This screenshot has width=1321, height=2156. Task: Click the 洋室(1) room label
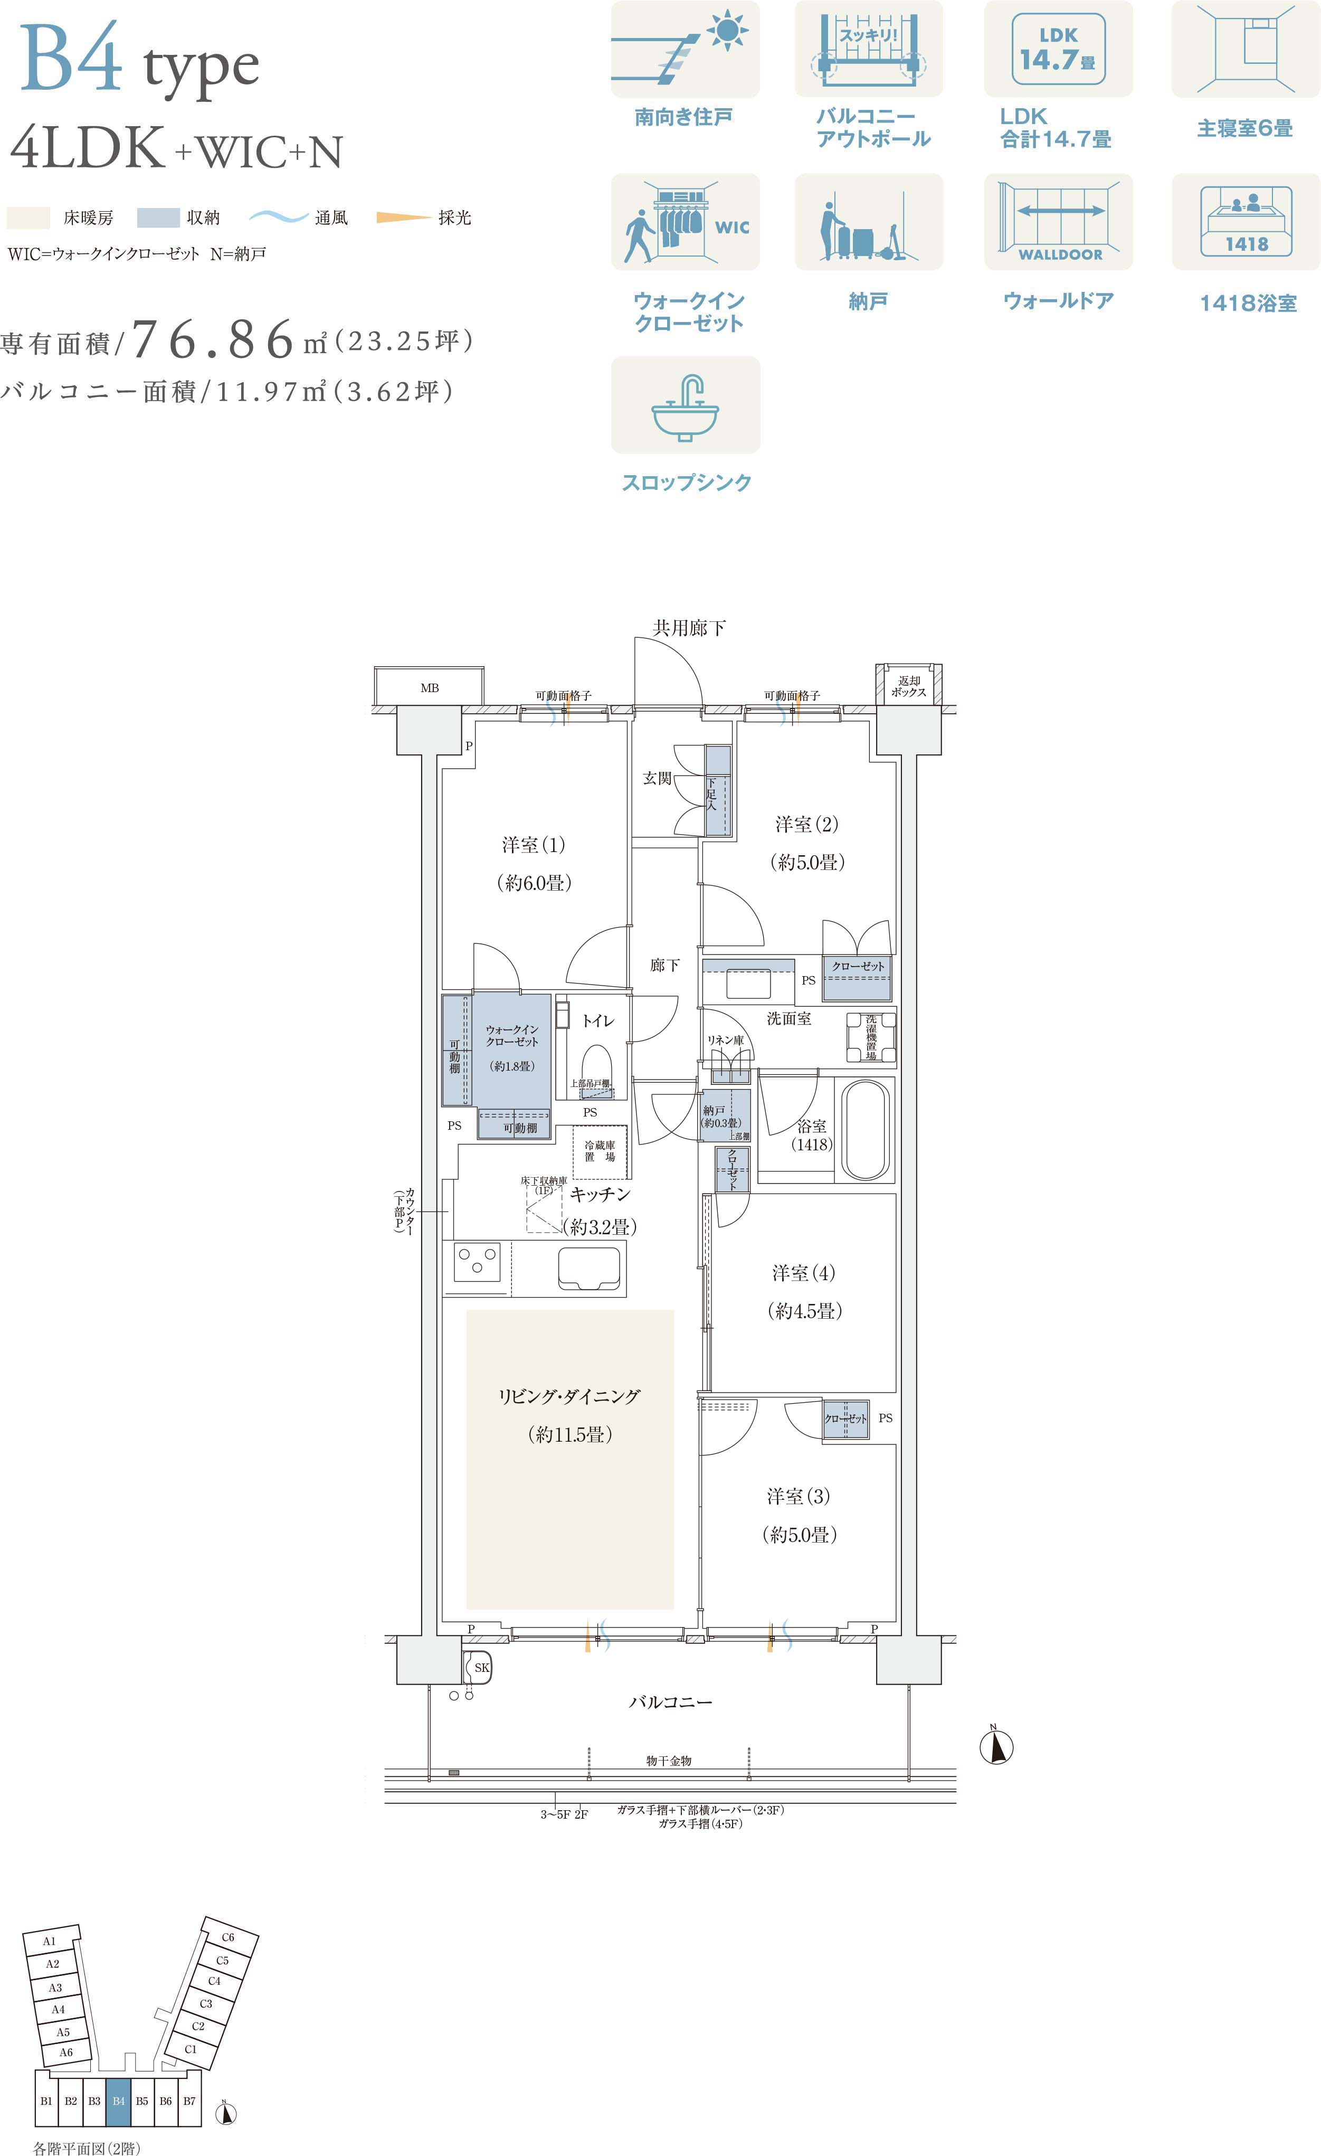click(x=533, y=845)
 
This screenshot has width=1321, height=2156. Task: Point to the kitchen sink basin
click(x=591, y=1268)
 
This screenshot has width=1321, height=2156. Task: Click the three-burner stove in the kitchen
click(x=477, y=1263)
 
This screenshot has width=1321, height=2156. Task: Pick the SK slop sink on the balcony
click(x=479, y=1667)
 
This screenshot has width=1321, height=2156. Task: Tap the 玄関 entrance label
click(x=657, y=778)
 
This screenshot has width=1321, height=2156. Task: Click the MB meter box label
click(x=430, y=688)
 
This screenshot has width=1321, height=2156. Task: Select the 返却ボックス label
click(x=908, y=686)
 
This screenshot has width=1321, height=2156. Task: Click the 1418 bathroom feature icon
click(x=1246, y=221)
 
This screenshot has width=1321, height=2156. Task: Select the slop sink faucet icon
click(x=686, y=405)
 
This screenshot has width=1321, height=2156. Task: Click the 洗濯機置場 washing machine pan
click(x=871, y=1038)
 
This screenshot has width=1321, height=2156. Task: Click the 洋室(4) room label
click(x=803, y=1273)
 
